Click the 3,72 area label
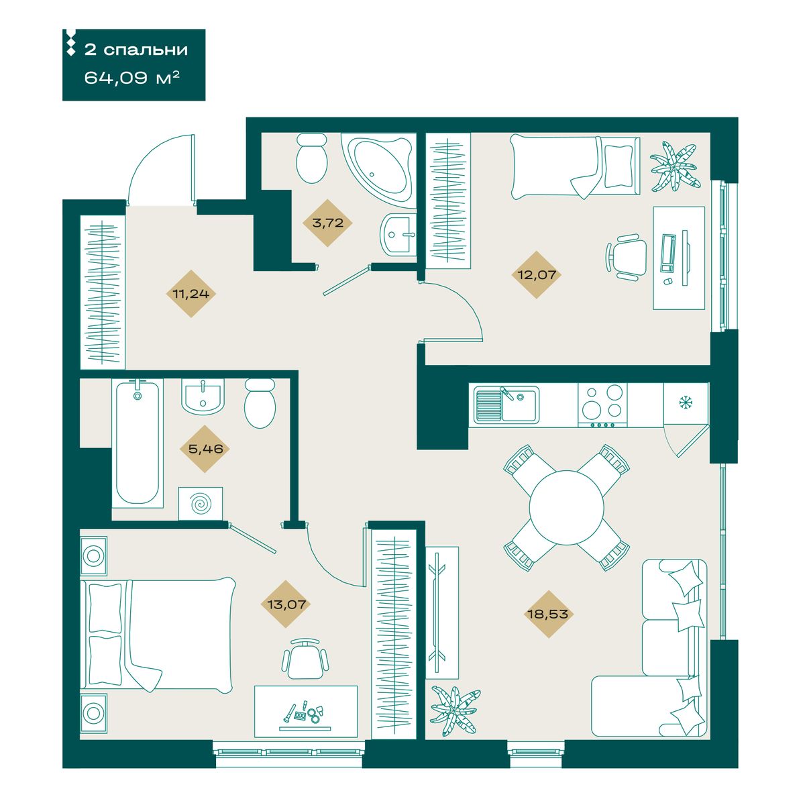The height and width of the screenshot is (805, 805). point(328,223)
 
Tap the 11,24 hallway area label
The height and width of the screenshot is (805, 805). point(191,294)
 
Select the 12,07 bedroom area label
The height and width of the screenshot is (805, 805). point(537,275)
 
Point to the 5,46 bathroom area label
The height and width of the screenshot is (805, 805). point(205,449)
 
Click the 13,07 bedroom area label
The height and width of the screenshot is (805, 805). point(286,604)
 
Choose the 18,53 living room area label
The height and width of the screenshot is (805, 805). point(549,614)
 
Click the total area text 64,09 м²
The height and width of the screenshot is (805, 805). point(132,78)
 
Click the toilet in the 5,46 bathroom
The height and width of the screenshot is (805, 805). point(260,402)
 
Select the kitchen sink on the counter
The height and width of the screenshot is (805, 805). point(506,405)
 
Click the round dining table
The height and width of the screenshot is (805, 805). point(566,507)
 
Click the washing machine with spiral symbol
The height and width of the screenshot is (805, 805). point(201,504)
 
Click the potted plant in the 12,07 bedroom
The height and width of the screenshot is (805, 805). point(674,167)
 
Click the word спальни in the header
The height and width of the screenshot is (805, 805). point(146,50)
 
